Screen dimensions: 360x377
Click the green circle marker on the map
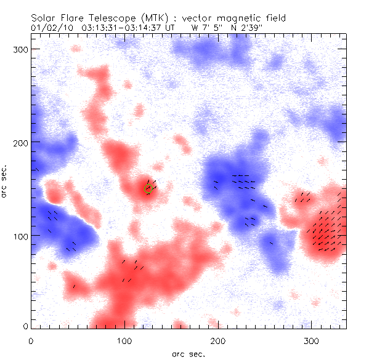[x=148, y=188]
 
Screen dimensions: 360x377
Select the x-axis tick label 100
[x=124, y=340]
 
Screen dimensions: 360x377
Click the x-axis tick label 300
[x=312, y=340]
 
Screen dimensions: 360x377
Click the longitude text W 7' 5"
[x=206, y=27]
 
